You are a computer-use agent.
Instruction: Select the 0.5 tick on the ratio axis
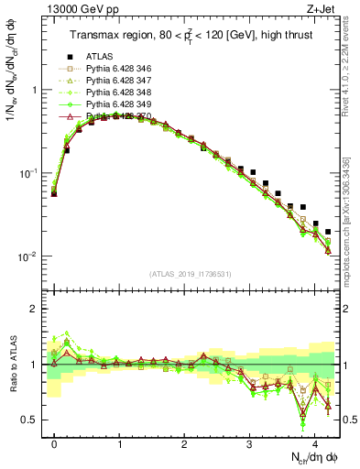click(33, 420)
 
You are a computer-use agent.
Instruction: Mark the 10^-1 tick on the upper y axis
click(30, 173)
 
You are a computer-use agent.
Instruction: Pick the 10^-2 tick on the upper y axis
click(30, 256)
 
